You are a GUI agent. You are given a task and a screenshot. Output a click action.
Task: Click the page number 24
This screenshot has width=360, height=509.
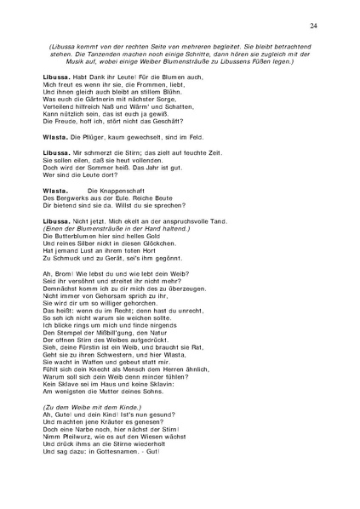314,26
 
